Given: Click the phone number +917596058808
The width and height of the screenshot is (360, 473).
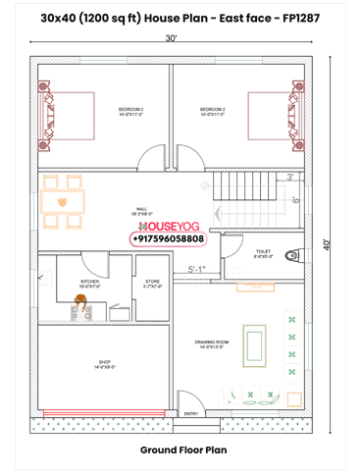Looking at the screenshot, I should click(168, 238).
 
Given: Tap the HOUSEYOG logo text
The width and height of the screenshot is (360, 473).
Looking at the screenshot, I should click(168, 226).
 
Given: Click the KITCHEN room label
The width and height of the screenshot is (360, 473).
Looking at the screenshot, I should click(89, 284).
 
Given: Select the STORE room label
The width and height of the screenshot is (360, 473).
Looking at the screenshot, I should click(152, 284).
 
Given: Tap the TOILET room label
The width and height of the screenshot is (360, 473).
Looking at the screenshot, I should click(263, 253).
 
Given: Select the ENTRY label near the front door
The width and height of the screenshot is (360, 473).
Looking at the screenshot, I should click(192, 414).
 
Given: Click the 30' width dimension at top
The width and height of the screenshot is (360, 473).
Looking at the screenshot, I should click(171, 39).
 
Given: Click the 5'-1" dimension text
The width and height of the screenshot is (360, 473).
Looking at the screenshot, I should click(197, 269).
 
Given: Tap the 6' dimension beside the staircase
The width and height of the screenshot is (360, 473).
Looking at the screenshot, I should click(295, 200).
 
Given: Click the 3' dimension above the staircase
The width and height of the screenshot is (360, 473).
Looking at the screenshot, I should click(290, 177).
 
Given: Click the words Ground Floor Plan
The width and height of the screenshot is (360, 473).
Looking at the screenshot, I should click(183, 449).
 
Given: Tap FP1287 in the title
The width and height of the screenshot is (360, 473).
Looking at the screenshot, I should click(299, 19).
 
